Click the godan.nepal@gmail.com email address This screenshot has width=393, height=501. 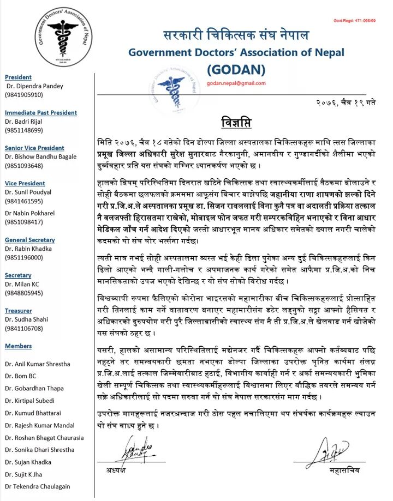pyautogui.click(x=236, y=83)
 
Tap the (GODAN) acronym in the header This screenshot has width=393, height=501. pyautogui.click(x=236, y=69)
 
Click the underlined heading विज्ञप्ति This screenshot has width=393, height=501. pyautogui.click(x=236, y=120)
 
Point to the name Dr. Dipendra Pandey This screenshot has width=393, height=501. pyautogui.click(x=35, y=86)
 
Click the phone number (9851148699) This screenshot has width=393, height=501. pyautogui.click(x=24, y=130)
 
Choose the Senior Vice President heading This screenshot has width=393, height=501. pyautogui.click(x=34, y=148)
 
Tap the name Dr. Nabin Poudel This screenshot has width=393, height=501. pyautogui.click(x=31, y=214)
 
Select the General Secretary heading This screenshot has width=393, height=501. pyautogui.click(x=30, y=240)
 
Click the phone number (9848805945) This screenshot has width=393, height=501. pyautogui.click(x=24, y=293)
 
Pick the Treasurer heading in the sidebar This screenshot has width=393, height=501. pyautogui.click(x=19, y=311)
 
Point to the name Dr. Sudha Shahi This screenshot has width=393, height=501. pyautogui.click(x=29, y=319)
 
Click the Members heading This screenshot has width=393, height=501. pyautogui.click(x=19, y=346)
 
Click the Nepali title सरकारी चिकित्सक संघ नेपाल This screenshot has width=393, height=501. pyautogui.click(x=236, y=36)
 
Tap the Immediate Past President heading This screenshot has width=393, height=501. pyautogui.click(x=41, y=113)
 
